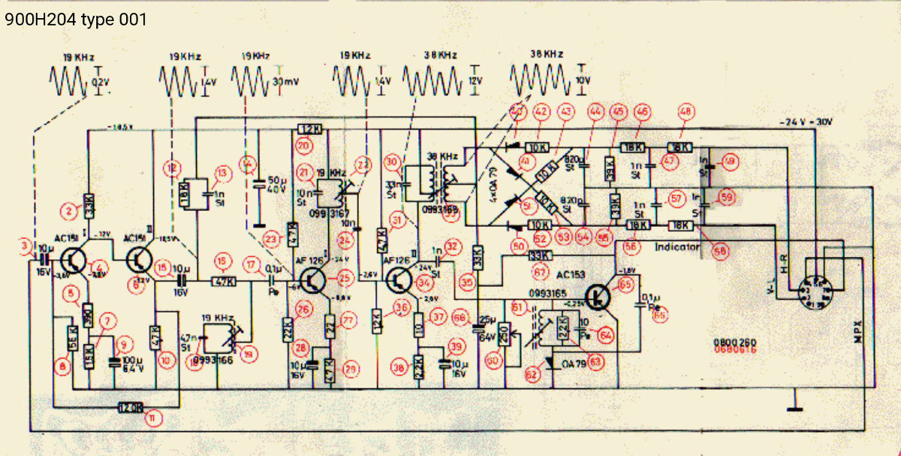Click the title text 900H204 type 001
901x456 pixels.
[75, 20]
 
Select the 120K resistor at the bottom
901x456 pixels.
[131, 407]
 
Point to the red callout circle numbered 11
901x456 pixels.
[153, 419]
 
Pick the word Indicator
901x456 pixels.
[677, 246]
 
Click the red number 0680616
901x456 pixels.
[734, 349]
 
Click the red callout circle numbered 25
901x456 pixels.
[345, 279]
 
